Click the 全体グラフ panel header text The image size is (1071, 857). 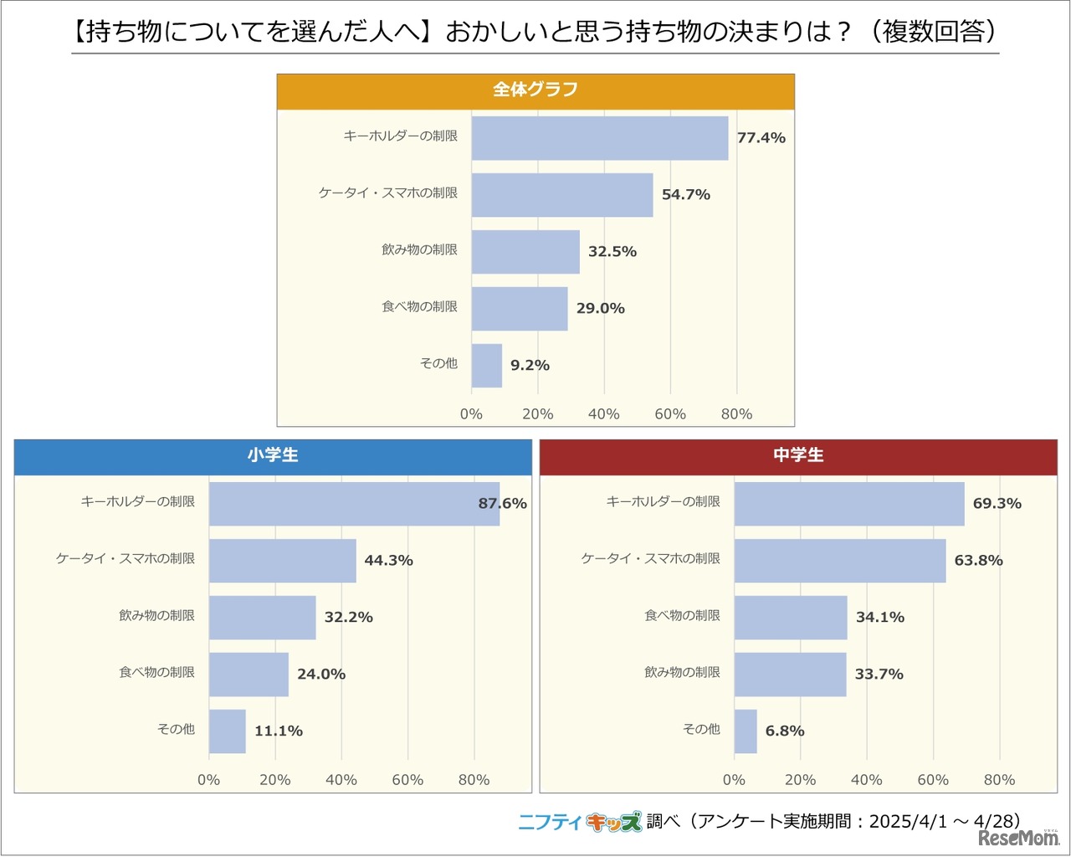[535, 90]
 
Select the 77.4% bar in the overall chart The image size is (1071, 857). [599, 138]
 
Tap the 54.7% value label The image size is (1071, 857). [685, 195]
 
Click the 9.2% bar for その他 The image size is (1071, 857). [487, 366]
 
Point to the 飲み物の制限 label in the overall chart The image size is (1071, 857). [419, 250]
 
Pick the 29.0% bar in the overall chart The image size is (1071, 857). [520, 309]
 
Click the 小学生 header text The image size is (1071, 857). [273, 455]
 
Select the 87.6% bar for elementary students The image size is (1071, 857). [354, 504]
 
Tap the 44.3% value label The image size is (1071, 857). [388, 561]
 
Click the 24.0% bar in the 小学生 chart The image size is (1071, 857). [249, 675]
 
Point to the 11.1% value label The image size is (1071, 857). [279, 731]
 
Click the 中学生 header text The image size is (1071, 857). [798, 455]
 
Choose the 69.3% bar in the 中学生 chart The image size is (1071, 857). [849, 504]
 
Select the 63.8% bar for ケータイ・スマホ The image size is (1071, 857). [840, 561]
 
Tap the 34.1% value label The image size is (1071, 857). [879, 618]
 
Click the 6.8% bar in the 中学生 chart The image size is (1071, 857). [746, 731]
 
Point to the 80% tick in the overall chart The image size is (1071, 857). [736, 414]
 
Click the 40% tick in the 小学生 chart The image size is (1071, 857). [341, 780]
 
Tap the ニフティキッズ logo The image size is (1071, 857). [580, 822]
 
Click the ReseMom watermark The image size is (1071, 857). [1018, 838]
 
